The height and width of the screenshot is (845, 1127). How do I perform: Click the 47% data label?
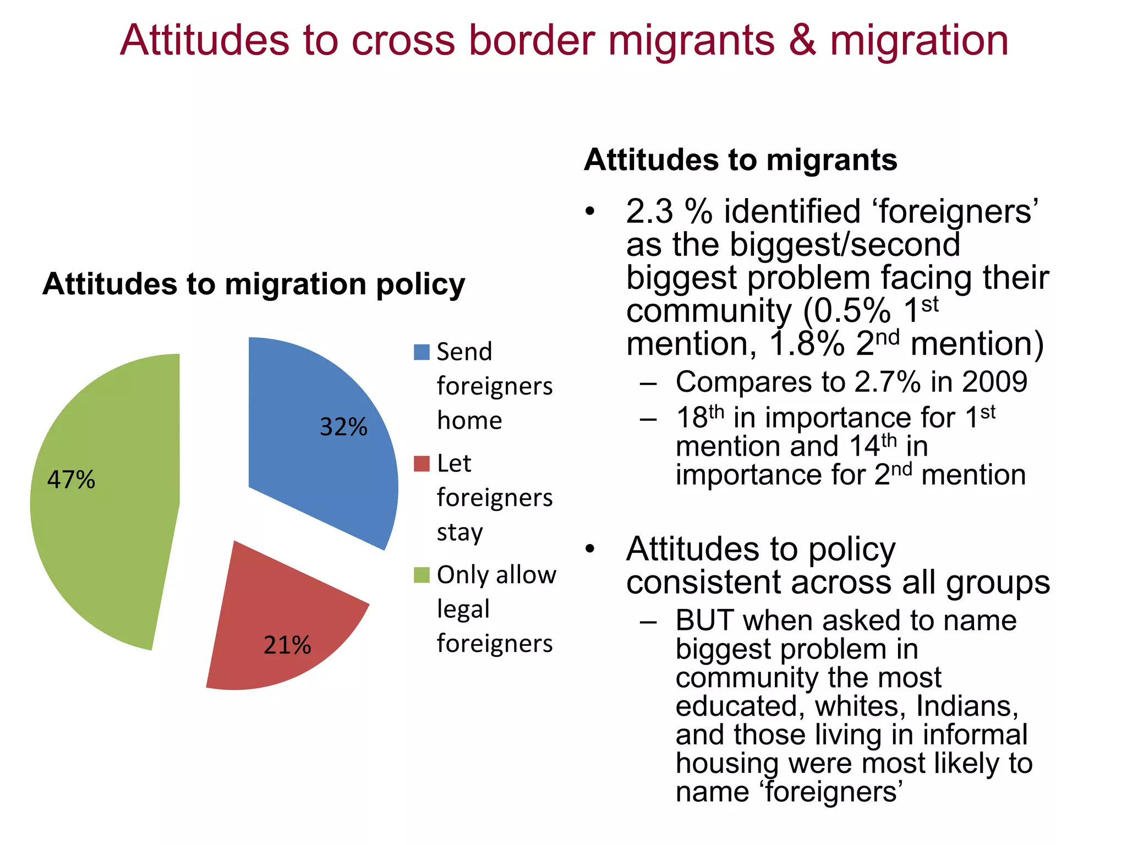71,480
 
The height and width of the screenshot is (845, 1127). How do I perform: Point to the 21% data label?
287,645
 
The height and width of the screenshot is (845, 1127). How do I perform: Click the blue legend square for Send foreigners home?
422,352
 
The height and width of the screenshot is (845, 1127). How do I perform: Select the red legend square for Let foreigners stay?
422,464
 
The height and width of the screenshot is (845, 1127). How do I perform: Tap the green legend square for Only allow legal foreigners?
422,575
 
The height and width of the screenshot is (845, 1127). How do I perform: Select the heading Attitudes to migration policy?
254,284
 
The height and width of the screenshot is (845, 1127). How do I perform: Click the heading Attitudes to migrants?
740,160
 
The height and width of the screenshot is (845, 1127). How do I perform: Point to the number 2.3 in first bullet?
649,212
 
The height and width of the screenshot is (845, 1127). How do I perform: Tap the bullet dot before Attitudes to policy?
590,549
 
